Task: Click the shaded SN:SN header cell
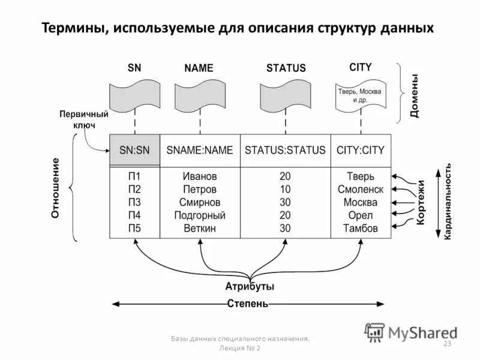tap(134, 151)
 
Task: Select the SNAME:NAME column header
tap(200, 151)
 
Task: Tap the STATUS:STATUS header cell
tap(285, 151)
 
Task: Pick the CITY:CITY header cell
tap(361, 151)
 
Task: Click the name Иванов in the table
tap(200, 176)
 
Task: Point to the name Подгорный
tap(200, 215)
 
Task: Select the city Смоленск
tap(361, 190)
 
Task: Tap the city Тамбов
tap(361, 229)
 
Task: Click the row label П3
tap(134, 202)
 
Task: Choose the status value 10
tap(285, 190)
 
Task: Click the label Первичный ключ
tap(83, 119)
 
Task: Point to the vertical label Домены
tap(414, 96)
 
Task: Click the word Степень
tap(248, 304)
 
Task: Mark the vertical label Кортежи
tap(421, 202)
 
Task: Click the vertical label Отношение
tap(55, 188)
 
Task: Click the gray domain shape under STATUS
tap(285, 98)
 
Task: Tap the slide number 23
tap(446, 343)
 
